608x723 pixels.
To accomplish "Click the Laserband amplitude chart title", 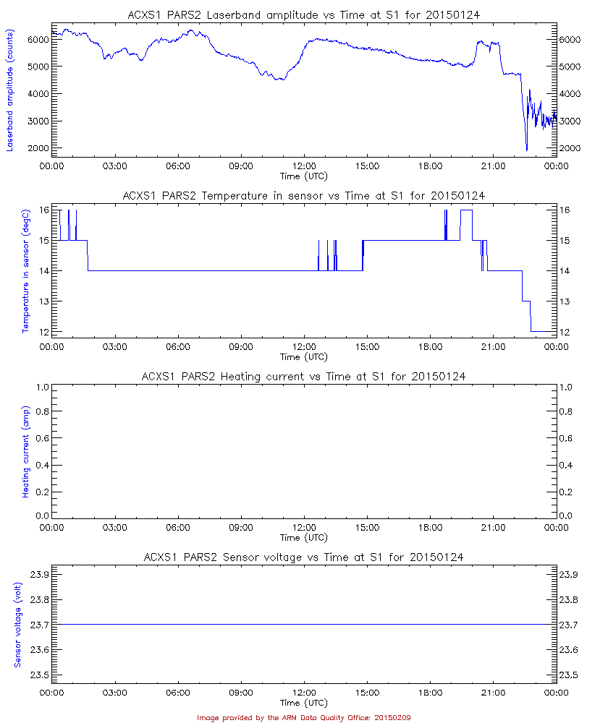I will (x=304, y=14).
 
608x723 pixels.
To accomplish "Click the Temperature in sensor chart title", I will (x=304, y=195).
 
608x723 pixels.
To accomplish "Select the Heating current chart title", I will (x=304, y=376).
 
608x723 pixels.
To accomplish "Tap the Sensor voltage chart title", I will (x=304, y=557).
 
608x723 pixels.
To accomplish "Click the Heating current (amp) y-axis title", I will (x=25, y=452).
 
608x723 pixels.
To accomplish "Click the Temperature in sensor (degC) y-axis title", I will (x=25, y=271).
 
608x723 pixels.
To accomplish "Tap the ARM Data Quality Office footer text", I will (x=304, y=717).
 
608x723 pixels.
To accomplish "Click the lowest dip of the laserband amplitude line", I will (x=526, y=149).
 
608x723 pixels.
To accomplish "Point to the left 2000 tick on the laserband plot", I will (x=36, y=147).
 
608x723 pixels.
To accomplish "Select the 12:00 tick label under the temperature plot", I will (x=304, y=346).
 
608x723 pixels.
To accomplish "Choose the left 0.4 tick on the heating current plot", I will (x=41, y=464).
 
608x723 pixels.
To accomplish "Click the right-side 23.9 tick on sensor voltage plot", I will (x=571, y=574).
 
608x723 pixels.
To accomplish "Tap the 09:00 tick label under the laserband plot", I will (x=241, y=166).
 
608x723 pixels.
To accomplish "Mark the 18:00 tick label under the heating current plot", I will (x=430, y=527).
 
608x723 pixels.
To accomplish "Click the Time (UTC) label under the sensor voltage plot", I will (x=304, y=703).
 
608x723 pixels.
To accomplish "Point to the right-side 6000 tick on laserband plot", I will (x=571, y=39).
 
